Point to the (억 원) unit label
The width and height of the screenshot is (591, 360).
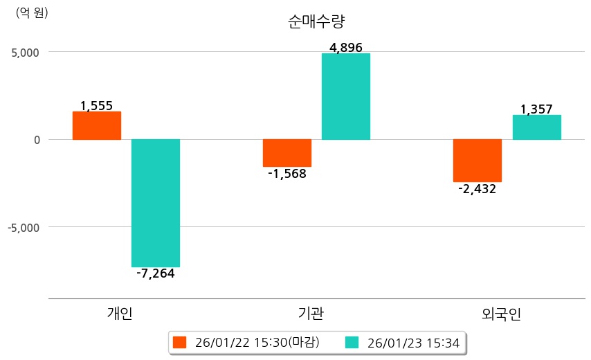(32, 13)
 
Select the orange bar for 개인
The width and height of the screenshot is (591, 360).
(97, 125)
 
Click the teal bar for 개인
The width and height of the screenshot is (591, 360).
(156, 203)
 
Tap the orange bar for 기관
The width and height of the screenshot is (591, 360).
(287, 153)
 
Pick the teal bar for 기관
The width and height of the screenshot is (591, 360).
(346, 96)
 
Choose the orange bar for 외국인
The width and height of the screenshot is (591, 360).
(478, 161)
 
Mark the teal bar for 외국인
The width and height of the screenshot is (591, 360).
(536, 127)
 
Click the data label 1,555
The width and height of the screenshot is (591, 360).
(96, 106)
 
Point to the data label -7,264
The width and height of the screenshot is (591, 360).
(156, 273)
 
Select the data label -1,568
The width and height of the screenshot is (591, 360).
(287, 174)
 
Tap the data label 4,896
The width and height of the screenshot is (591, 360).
(346, 48)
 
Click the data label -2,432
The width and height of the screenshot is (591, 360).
(478, 189)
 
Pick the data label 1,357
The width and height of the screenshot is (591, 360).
(536, 109)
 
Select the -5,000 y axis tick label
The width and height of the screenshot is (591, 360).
(24, 227)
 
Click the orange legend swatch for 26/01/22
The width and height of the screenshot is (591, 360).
(180, 342)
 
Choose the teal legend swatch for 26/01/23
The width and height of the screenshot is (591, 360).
(352, 342)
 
